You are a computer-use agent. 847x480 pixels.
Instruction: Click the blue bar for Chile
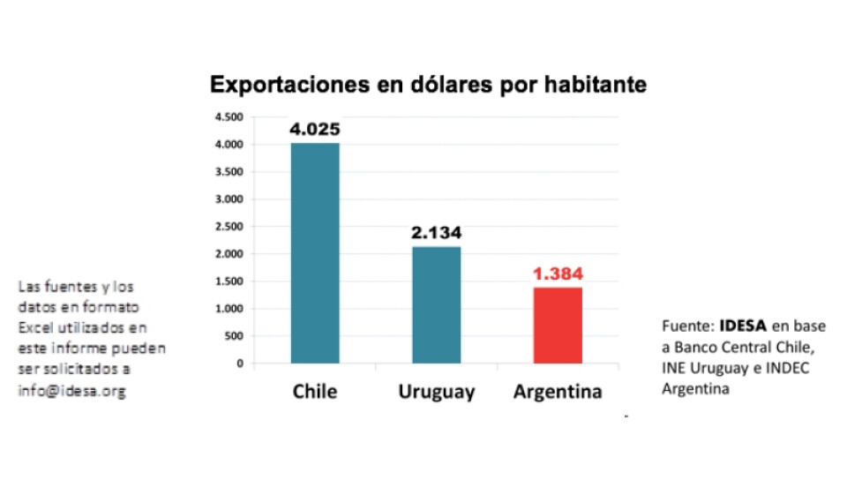[x=315, y=252]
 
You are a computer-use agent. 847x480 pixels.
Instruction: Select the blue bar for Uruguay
[x=436, y=304]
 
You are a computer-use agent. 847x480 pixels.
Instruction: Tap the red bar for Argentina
[x=558, y=325]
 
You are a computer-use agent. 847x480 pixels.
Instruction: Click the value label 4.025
[x=315, y=129]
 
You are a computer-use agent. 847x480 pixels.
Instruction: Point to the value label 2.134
[x=436, y=233]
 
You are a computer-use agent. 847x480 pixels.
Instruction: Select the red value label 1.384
[x=558, y=274]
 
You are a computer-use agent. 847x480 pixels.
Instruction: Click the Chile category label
[x=315, y=391]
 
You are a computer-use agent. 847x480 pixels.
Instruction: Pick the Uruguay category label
[x=436, y=391]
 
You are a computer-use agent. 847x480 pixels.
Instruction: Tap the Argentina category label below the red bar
[x=558, y=391]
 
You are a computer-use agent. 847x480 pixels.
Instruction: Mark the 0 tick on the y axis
[x=238, y=363]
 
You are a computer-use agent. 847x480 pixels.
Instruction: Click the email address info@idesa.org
[x=71, y=391]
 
